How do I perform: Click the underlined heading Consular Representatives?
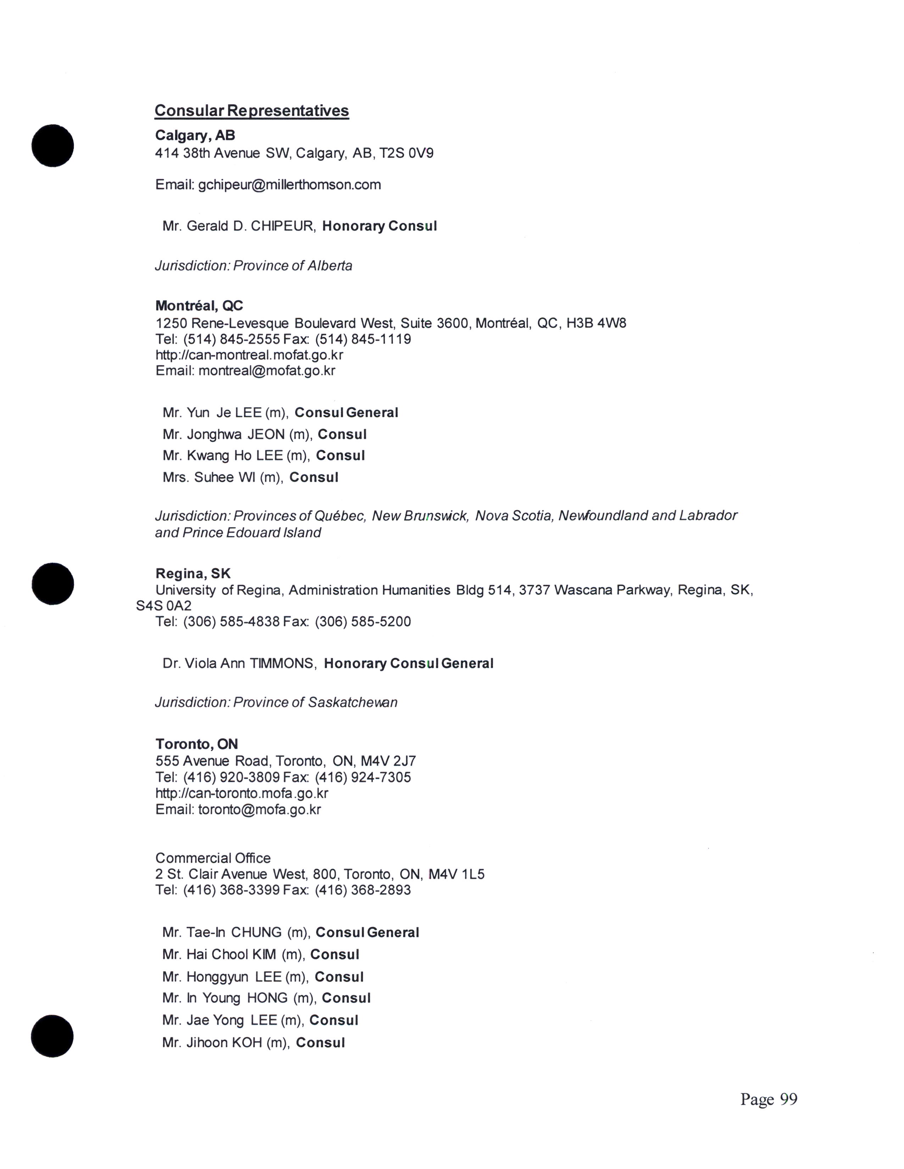(x=252, y=111)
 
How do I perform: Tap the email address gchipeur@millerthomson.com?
(x=289, y=185)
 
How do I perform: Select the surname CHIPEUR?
(x=282, y=226)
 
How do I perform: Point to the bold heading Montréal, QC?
(x=199, y=306)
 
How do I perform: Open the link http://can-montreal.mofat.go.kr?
(x=249, y=355)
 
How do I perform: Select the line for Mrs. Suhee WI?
(x=250, y=478)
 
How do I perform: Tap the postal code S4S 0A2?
(x=163, y=606)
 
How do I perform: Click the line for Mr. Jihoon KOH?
(x=253, y=1043)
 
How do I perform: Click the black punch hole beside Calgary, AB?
(x=52, y=146)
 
